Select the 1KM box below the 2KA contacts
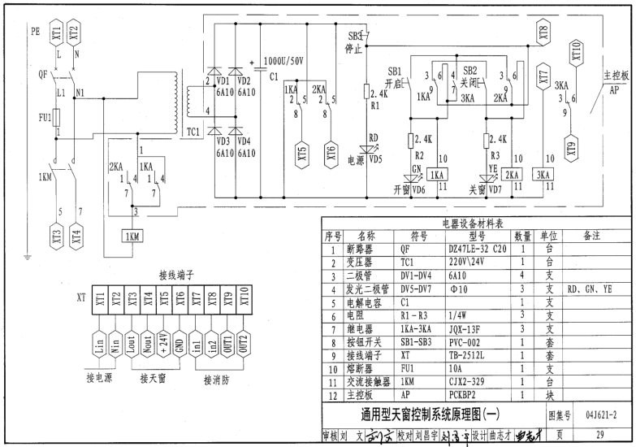[131, 236]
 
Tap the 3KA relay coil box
[543, 175]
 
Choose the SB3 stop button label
[355, 38]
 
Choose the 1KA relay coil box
[437, 175]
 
